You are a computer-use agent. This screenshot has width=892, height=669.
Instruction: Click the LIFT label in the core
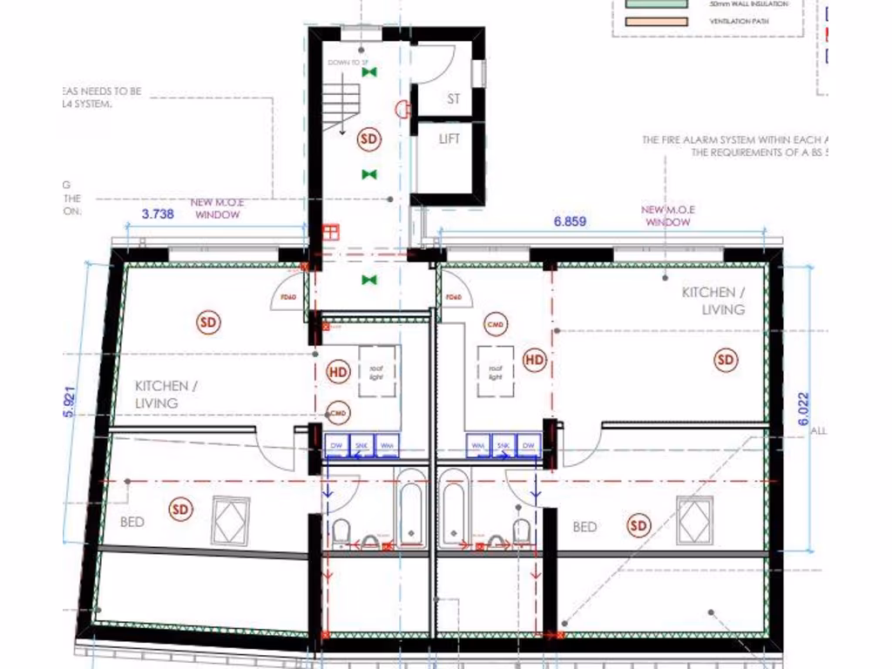click(x=449, y=139)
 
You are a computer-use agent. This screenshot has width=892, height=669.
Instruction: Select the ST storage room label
click(x=453, y=99)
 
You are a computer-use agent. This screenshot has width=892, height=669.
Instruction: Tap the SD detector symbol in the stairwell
click(x=369, y=139)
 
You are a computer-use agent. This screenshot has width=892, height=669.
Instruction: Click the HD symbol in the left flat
click(x=338, y=371)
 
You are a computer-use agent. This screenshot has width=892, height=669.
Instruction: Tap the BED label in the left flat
click(x=132, y=522)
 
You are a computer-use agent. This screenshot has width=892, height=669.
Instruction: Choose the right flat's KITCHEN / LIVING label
click(x=713, y=301)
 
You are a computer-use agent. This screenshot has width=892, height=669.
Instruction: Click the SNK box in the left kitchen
click(x=362, y=445)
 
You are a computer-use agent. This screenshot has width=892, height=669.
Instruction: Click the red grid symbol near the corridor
click(x=329, y=232)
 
